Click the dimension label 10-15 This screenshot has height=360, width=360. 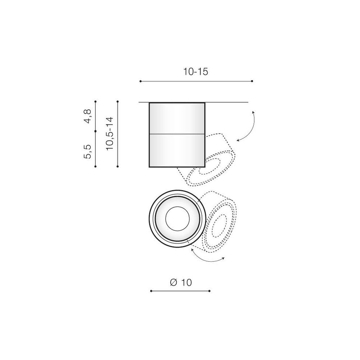pyautogui.click(x=195, y=72)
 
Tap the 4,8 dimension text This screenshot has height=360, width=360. pyautogui.click(x=88, y=116)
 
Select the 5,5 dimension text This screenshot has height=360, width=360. pyautogui.click(x=88, y=152)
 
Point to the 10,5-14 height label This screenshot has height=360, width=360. pyautogui.click(x=110, y=134)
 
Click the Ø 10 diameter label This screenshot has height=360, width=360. pyautogui.click(x=181, y=282)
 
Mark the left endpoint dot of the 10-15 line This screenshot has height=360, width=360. pyautogui.click(x=140, y=81)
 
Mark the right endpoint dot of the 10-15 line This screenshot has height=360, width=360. pyautogui.click(x=252, y=81)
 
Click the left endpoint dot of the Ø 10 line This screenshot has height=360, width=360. pyautogui.click(x=151, y=291)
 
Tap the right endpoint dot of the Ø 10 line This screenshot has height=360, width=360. pyautogui.click(x=210, y=291)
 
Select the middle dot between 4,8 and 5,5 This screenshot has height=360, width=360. pyautogui.click(x=95, y=131)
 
